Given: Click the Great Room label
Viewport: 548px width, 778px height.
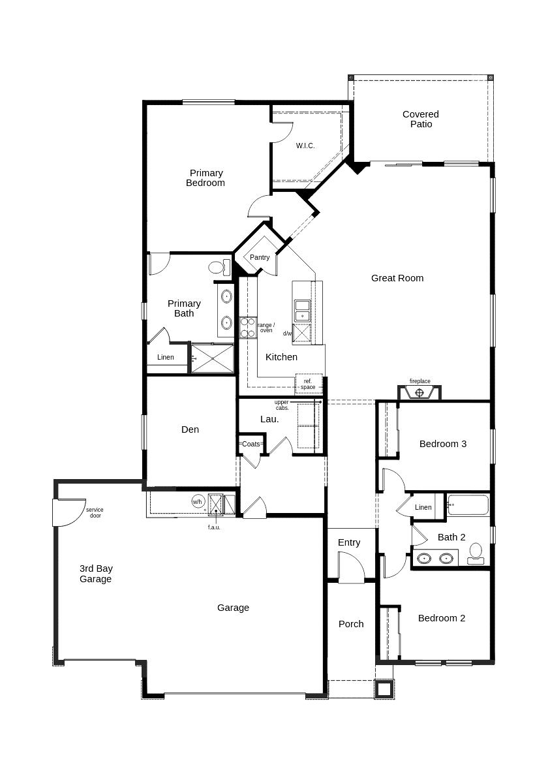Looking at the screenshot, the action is (x=397, y=278).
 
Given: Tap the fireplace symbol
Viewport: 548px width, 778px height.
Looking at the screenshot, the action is (x=419, y=393).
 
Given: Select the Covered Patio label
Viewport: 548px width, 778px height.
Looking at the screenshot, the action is (x=421, y=119).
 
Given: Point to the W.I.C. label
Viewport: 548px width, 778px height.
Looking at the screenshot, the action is (x=305, y=146).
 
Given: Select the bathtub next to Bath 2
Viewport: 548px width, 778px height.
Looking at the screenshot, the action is (x=468, y=506).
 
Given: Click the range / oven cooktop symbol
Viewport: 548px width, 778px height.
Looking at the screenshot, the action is (x=247, y=328).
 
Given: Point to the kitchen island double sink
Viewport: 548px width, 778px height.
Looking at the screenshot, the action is (x=301, y=311).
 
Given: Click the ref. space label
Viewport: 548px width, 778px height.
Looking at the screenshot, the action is (x=308, y=384).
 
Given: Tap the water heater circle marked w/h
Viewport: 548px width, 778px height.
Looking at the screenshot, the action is (x=198, y=502).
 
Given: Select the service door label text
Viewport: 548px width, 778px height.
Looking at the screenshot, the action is (x=95, y=512).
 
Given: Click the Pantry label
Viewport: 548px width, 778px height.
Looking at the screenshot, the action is (x=260, y=258).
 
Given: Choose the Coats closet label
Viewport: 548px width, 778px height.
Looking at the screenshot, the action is (x=251, y=444).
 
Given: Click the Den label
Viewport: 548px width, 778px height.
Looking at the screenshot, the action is (x=190, y=429).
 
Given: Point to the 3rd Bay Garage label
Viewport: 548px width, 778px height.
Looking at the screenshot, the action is (x=96, y=574).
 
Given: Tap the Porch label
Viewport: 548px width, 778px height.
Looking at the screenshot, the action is (x=351, y=624).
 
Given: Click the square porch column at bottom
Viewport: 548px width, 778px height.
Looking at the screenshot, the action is (x=384, y=689).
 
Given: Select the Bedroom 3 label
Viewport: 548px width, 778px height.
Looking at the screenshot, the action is (x=443, y=444).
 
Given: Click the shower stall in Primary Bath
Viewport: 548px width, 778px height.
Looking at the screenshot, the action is (x=212, y=358).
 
